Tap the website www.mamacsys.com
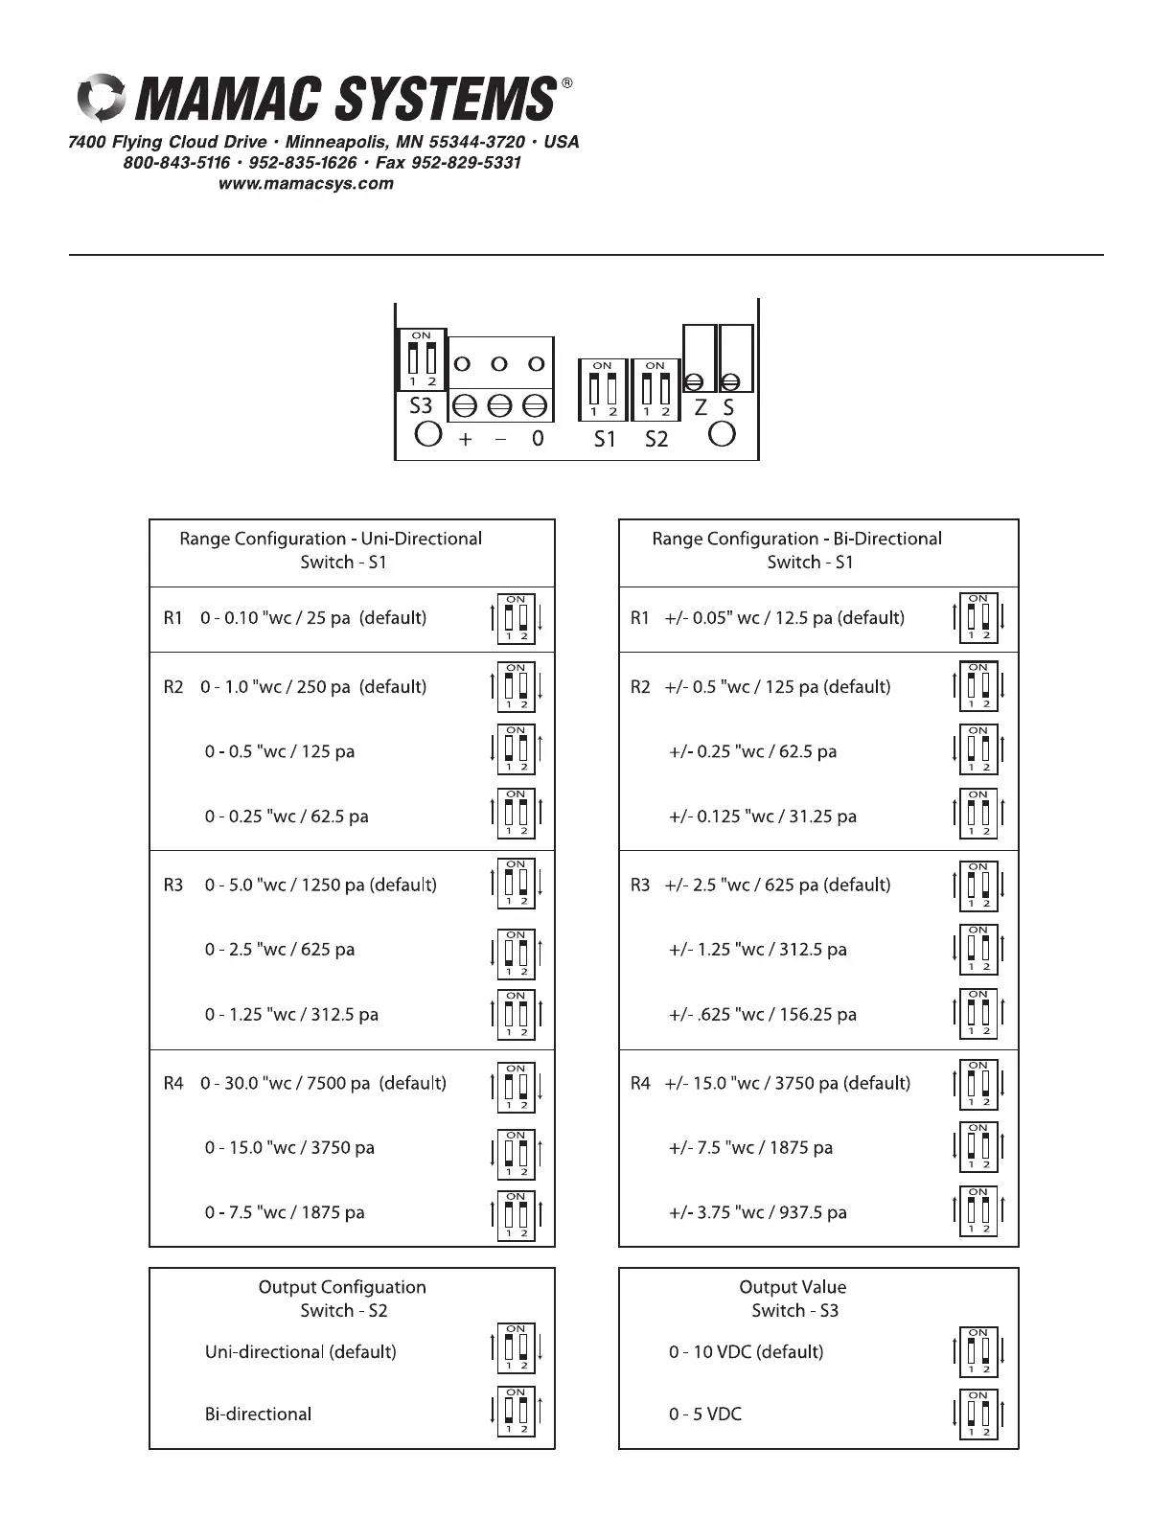(306, 184)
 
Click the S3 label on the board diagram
(421, 405)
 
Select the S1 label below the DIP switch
(604, 439)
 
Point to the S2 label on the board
(655, 439)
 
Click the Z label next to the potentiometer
(701, 407)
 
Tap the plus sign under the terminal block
(465, 439)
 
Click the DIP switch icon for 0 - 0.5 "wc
(516, 749)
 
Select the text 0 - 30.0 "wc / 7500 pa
(286, 1083)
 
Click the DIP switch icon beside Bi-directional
(516, 1411)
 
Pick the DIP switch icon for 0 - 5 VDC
(978, 1414)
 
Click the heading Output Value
(793, 1287)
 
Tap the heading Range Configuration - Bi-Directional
(796, 539)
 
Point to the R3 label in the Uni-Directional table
(172, 885)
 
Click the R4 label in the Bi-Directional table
(640, 1083)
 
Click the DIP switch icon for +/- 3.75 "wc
(978, 1211)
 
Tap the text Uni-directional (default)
(300, 1351)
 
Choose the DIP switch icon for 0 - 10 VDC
(978, 1350)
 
